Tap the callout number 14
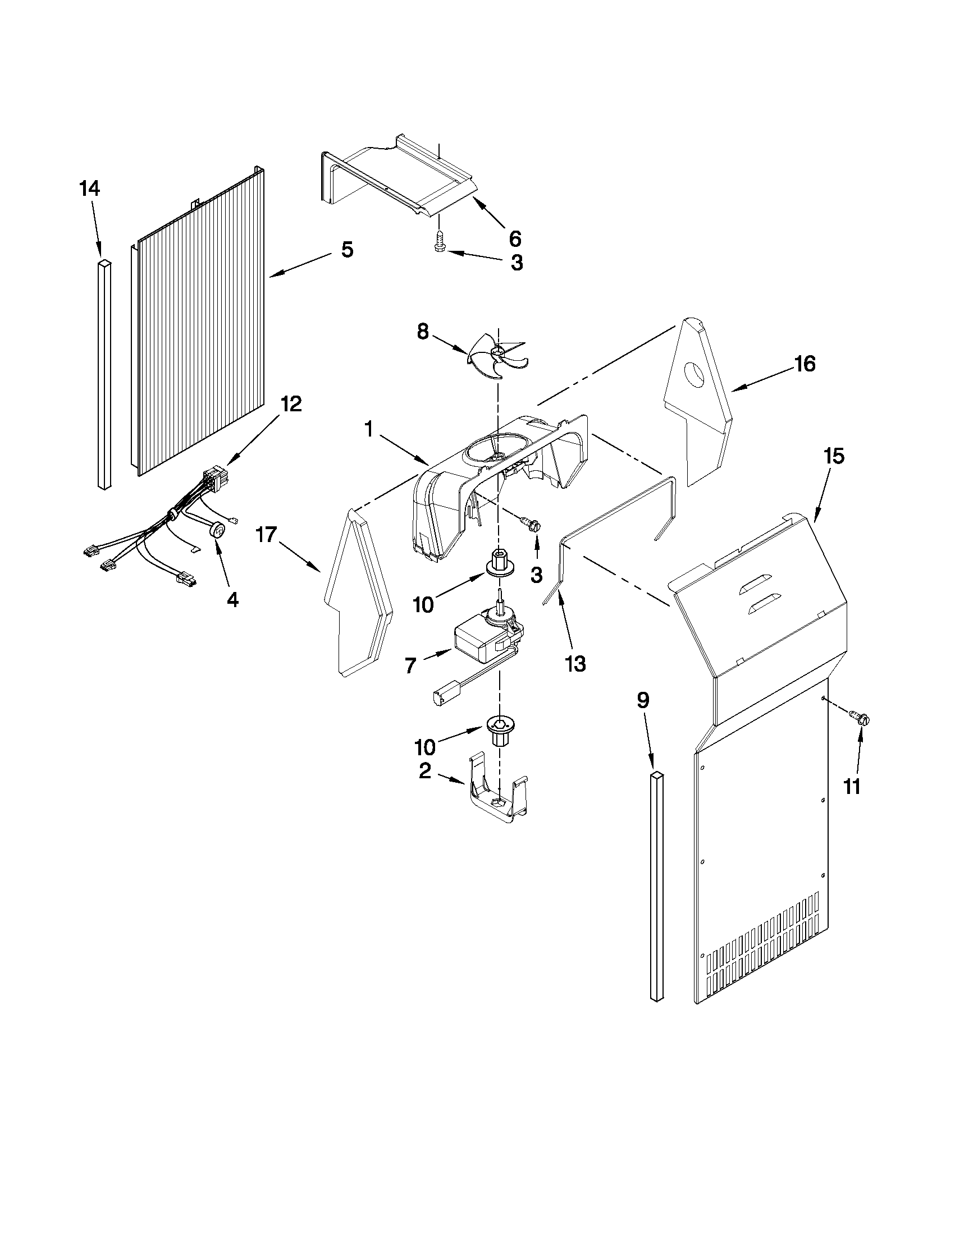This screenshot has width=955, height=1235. tap(89, 189)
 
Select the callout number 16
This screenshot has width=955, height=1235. tap(805, 364)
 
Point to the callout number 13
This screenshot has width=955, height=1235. tap(575, 664)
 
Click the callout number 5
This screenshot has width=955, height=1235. tap(347, 249)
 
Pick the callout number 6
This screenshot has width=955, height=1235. tap(514, 238)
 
